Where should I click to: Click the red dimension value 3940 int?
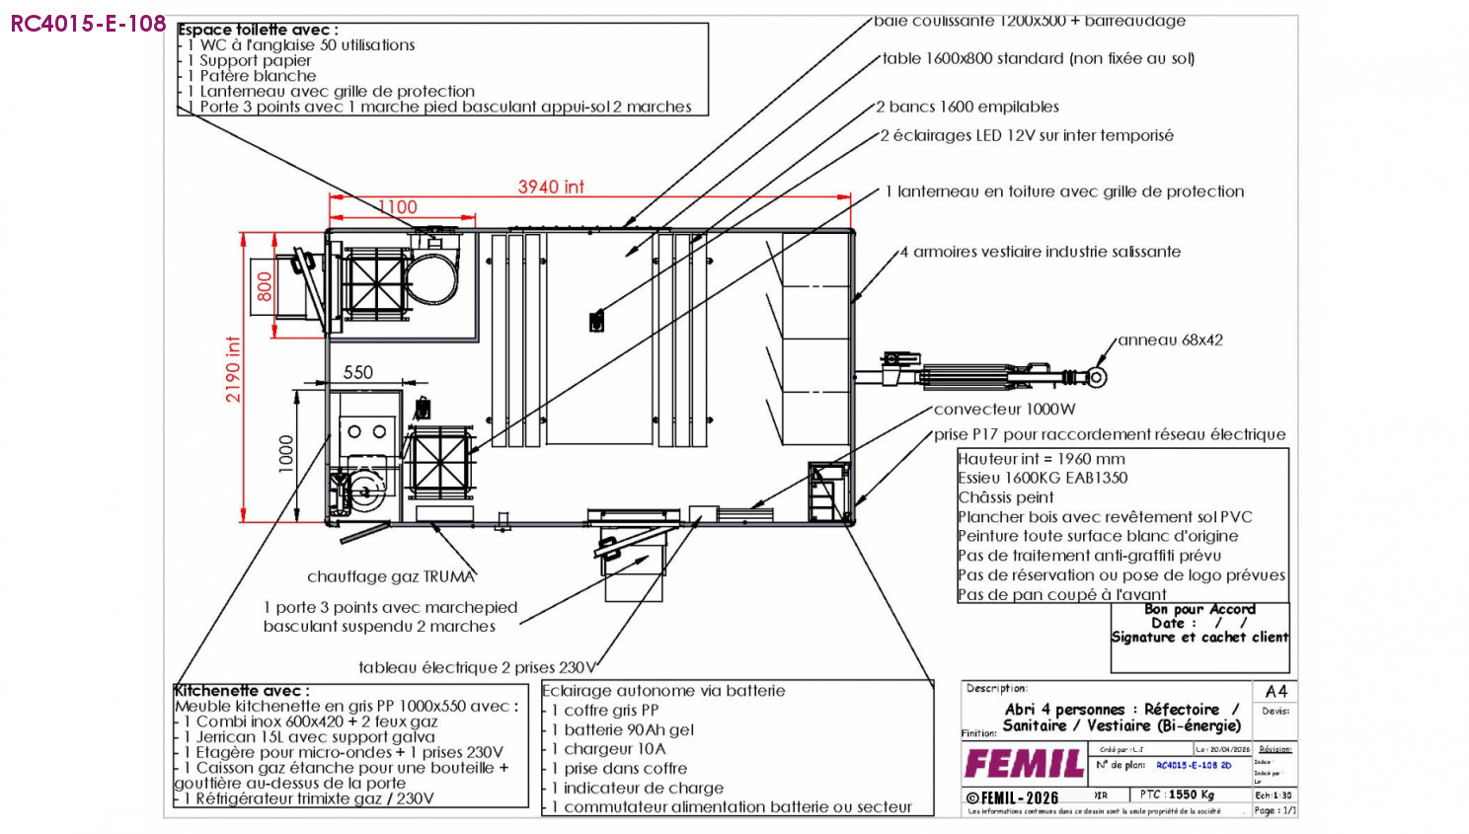coord(551,187)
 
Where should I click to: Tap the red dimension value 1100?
coord(398,207)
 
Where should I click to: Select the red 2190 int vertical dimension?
coord(233,369)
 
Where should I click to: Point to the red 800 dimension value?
coord(265,286)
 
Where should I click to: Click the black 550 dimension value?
coord(358,372)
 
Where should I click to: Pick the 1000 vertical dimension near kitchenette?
coord(286,454)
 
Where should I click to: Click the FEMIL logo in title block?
coord(1024,763)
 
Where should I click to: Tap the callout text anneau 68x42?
coord(1170,340)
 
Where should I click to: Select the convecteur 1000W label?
coord(1004,409)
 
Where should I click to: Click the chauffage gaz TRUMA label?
coord(391,576)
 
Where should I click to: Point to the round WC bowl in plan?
coord(435,274)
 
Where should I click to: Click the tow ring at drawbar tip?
coord(1097,377)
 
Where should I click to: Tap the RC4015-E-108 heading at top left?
coord(88,24)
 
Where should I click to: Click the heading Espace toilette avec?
coord(258,30)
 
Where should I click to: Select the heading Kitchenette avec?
coord(242,690)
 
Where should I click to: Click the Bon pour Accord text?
coord(1199,609)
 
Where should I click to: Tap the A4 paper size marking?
coord(1276,691)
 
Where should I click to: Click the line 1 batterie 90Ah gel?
coord(623,729)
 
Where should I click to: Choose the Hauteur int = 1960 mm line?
coord(1042,459)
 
